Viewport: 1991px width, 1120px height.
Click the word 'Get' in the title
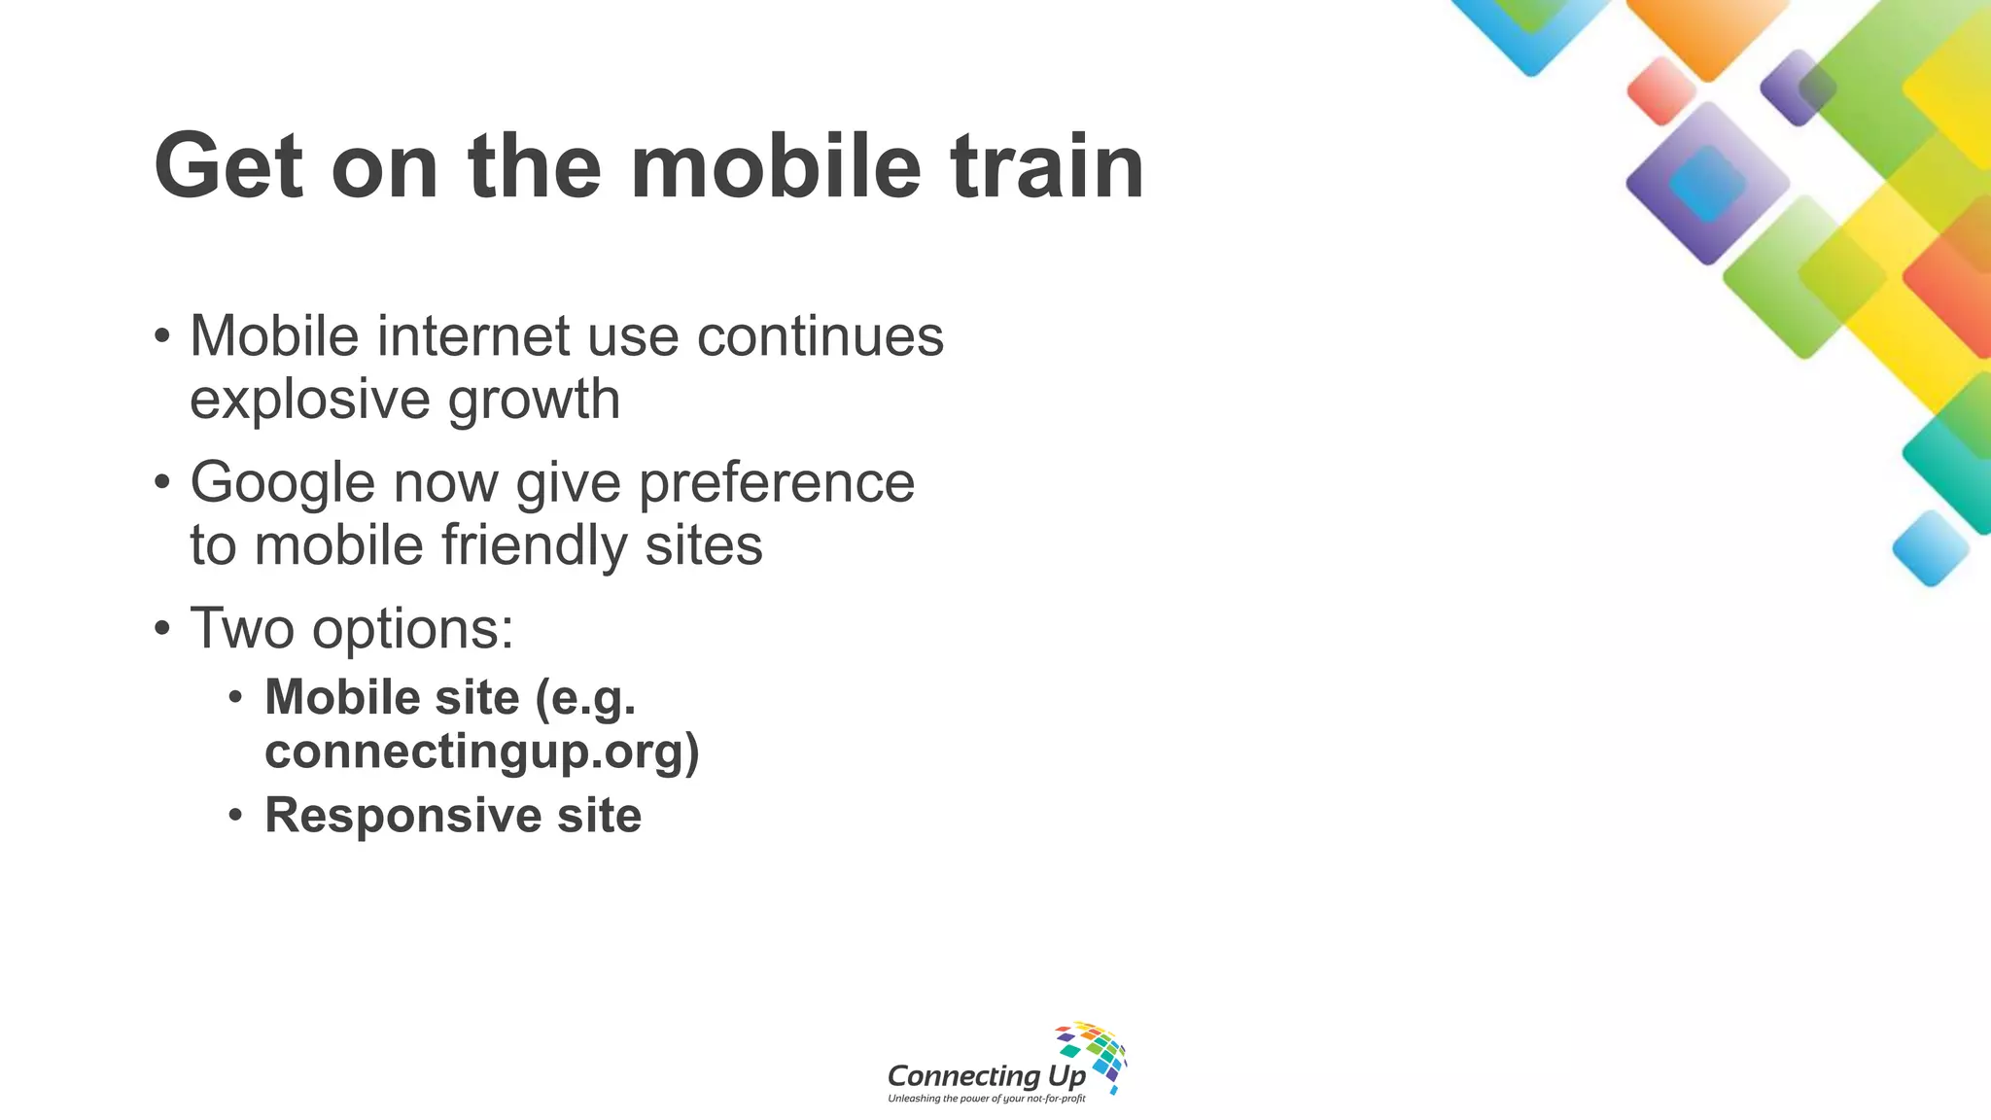point(228,166)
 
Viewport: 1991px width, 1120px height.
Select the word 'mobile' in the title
point(775,166)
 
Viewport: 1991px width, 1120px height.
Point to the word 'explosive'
point(310,400)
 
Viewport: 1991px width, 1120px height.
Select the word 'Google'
point(283,482)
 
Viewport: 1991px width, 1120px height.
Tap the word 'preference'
point(777,482)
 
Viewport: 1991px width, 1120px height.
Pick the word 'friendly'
point(535,544)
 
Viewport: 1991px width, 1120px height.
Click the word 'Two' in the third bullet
point(242,628)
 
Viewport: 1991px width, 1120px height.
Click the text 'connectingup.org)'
point(482,752)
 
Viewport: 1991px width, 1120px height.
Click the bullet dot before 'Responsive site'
point(235,815)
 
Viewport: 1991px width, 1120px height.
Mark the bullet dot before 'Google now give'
point(162,482)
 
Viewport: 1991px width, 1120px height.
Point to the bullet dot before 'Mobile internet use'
point(162,336)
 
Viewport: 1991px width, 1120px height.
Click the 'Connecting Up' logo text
point(986,1075)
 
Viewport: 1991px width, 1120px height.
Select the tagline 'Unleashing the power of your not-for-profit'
point(986,1099)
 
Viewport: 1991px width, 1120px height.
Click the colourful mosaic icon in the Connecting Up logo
point(1094,1054)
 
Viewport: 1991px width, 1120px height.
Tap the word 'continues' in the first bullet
point(821,336)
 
